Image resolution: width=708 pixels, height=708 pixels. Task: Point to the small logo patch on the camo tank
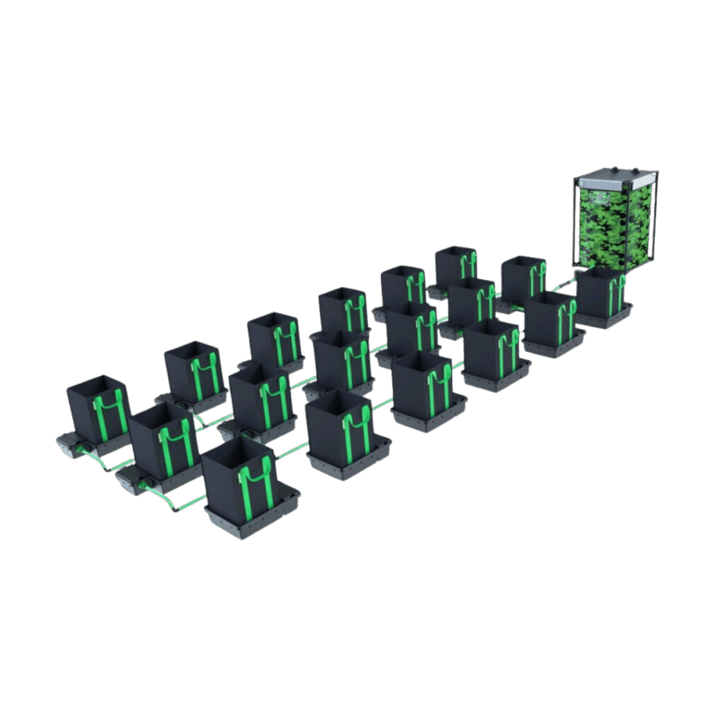[x=599, y=197]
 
